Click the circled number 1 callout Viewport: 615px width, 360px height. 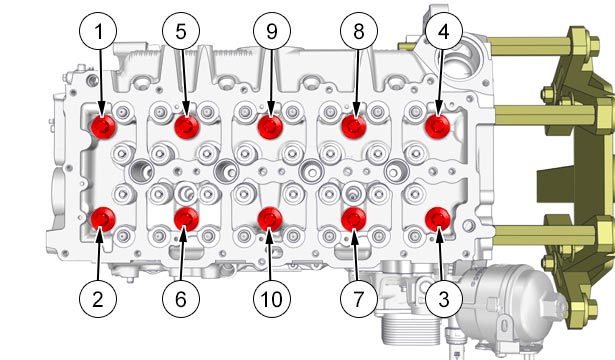click(98, 31)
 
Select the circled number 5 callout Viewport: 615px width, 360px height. click(181, 31)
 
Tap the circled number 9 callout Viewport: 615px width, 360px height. click(272, 31)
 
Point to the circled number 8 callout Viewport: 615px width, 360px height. click(359, 31)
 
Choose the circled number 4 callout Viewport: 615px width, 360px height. click(444, 31)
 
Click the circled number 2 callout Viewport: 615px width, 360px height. click(98, 299)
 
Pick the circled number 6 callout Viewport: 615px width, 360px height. click(181, 299)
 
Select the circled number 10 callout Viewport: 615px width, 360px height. click(272, 299)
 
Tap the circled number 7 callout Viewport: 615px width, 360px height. click(359, 299)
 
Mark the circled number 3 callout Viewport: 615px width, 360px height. click(444, 299)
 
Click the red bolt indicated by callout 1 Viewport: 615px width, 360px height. click(103, 127)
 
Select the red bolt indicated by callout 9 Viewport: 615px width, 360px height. click(270, 127)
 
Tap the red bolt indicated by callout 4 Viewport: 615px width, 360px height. click(438, 127)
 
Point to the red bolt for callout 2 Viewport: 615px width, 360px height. click(103, 219)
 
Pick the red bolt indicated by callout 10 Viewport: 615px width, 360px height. click(270, 219)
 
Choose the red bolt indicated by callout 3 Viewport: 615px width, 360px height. click(438, 219)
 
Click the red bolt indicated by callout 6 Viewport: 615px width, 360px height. click(186, 219)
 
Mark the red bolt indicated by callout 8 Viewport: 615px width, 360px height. click(354, 127)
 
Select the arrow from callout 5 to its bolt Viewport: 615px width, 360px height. click(184, 83)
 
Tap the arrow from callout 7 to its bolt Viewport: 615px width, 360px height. click(356, 255)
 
